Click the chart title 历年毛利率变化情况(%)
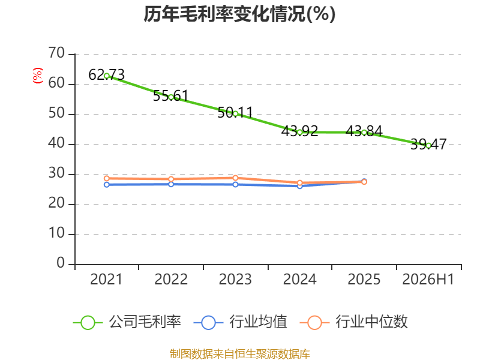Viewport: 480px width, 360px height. point(239,14)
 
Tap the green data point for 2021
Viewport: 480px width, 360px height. point(107,76)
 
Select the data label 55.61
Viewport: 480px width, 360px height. point(171,96)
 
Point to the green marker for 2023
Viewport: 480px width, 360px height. point(235,114)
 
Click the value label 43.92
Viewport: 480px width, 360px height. point(299,131)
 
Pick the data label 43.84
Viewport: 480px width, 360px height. point(364,131)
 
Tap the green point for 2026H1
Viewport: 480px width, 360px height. point(428,146)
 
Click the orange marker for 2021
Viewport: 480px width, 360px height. point(107,178)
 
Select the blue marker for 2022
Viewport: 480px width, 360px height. point(171,184)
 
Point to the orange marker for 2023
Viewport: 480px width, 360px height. point(235,178)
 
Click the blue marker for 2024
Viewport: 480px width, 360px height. point(299,186)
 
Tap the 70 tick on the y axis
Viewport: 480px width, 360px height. point(56,53)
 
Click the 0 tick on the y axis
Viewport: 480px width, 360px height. point(61,263)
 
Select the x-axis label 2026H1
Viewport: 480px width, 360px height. point(428,280)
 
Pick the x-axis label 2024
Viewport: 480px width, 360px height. point(299,280)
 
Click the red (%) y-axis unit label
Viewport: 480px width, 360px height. point(38,76)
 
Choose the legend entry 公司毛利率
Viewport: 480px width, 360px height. point(127,322)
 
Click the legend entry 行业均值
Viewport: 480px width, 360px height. point(241,322)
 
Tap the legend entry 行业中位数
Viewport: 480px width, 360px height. point(353,322)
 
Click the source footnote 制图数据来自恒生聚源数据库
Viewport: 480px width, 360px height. point(240,354)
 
